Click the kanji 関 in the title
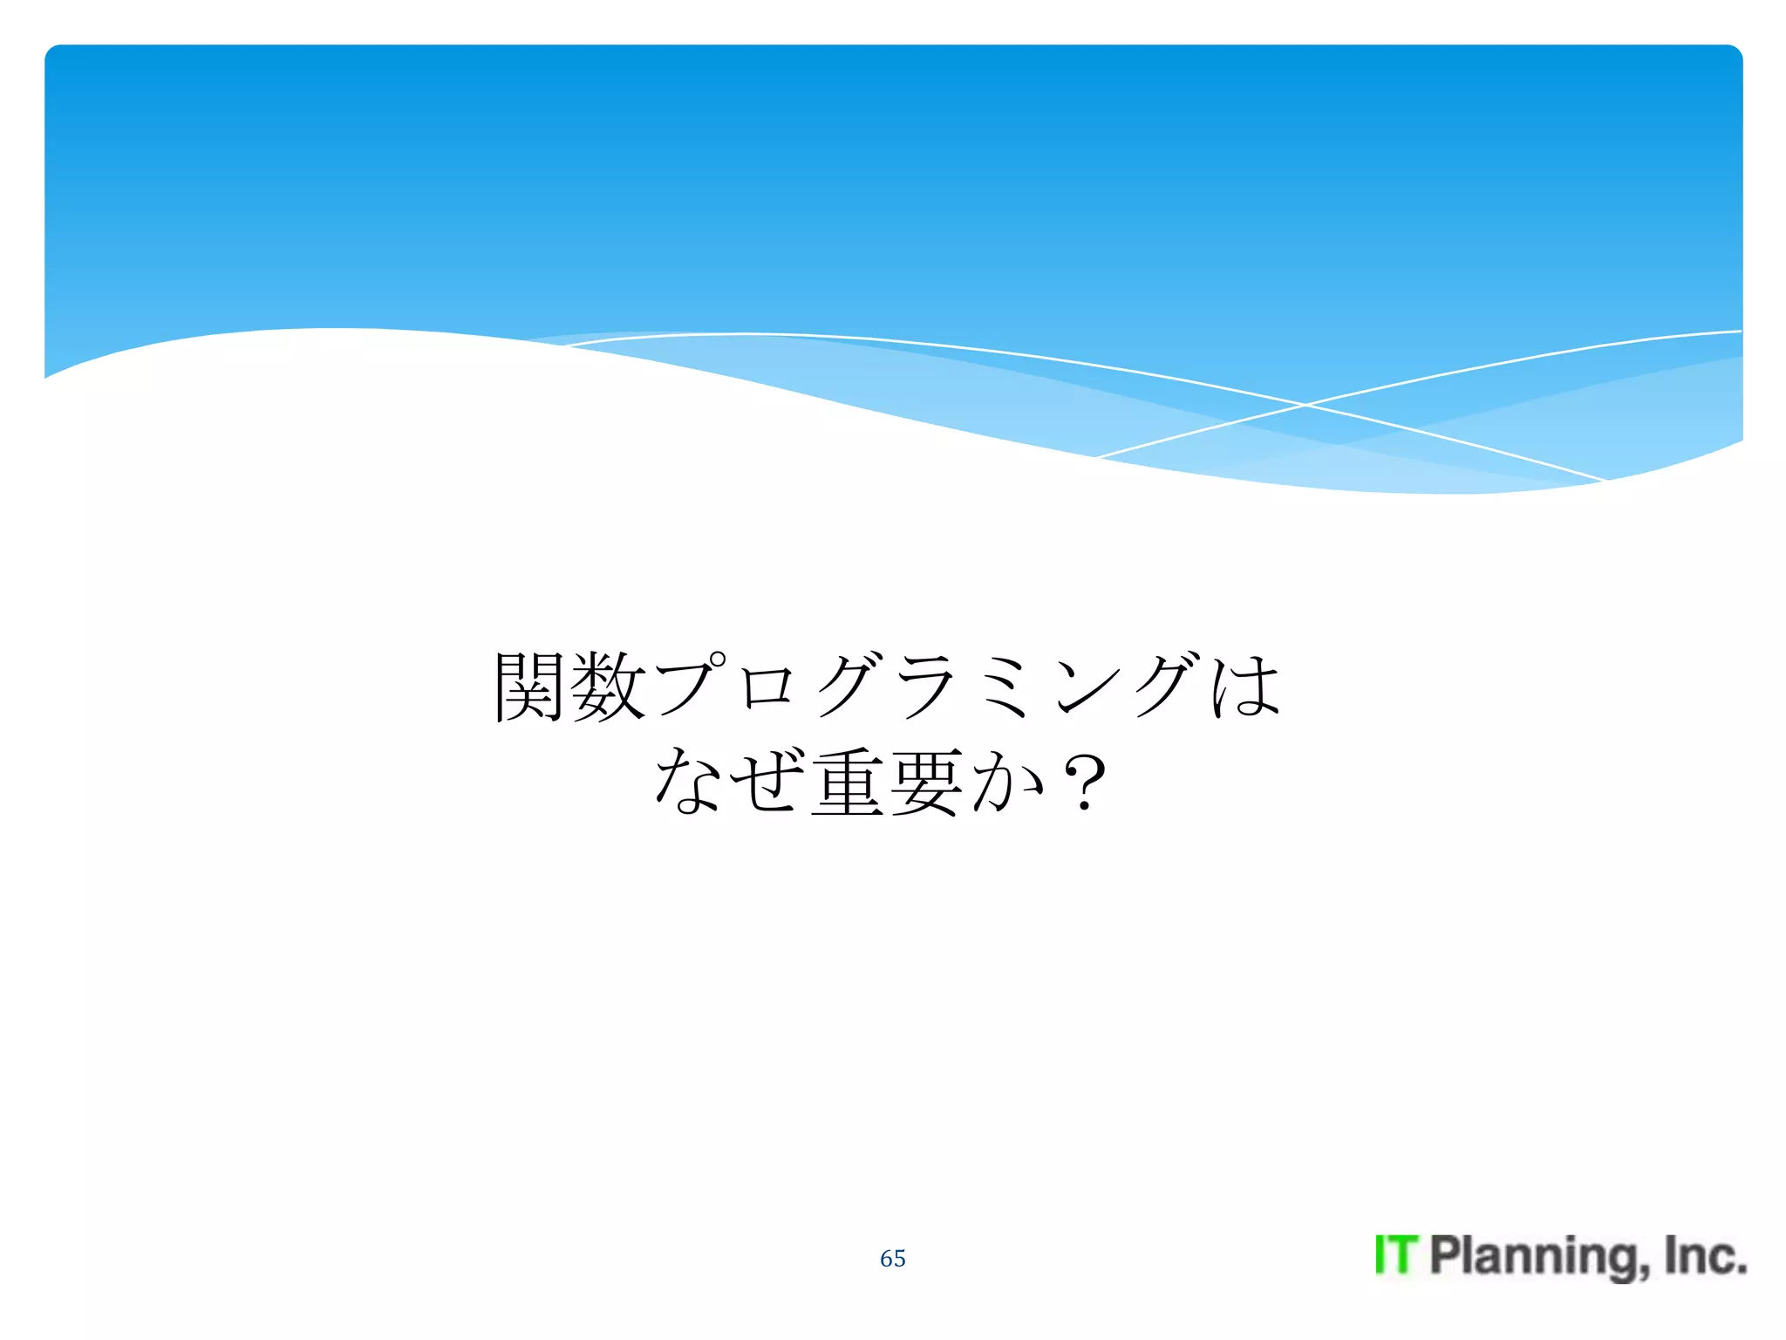pos(530,687)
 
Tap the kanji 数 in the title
pos(608,687)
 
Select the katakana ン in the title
pos(1085,687)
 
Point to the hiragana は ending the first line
pos(1245,687)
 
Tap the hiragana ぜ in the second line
pos(766,782)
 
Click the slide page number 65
pos(892,1258)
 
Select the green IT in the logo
pos(1396,1255)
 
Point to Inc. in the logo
pos(1705,1255)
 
